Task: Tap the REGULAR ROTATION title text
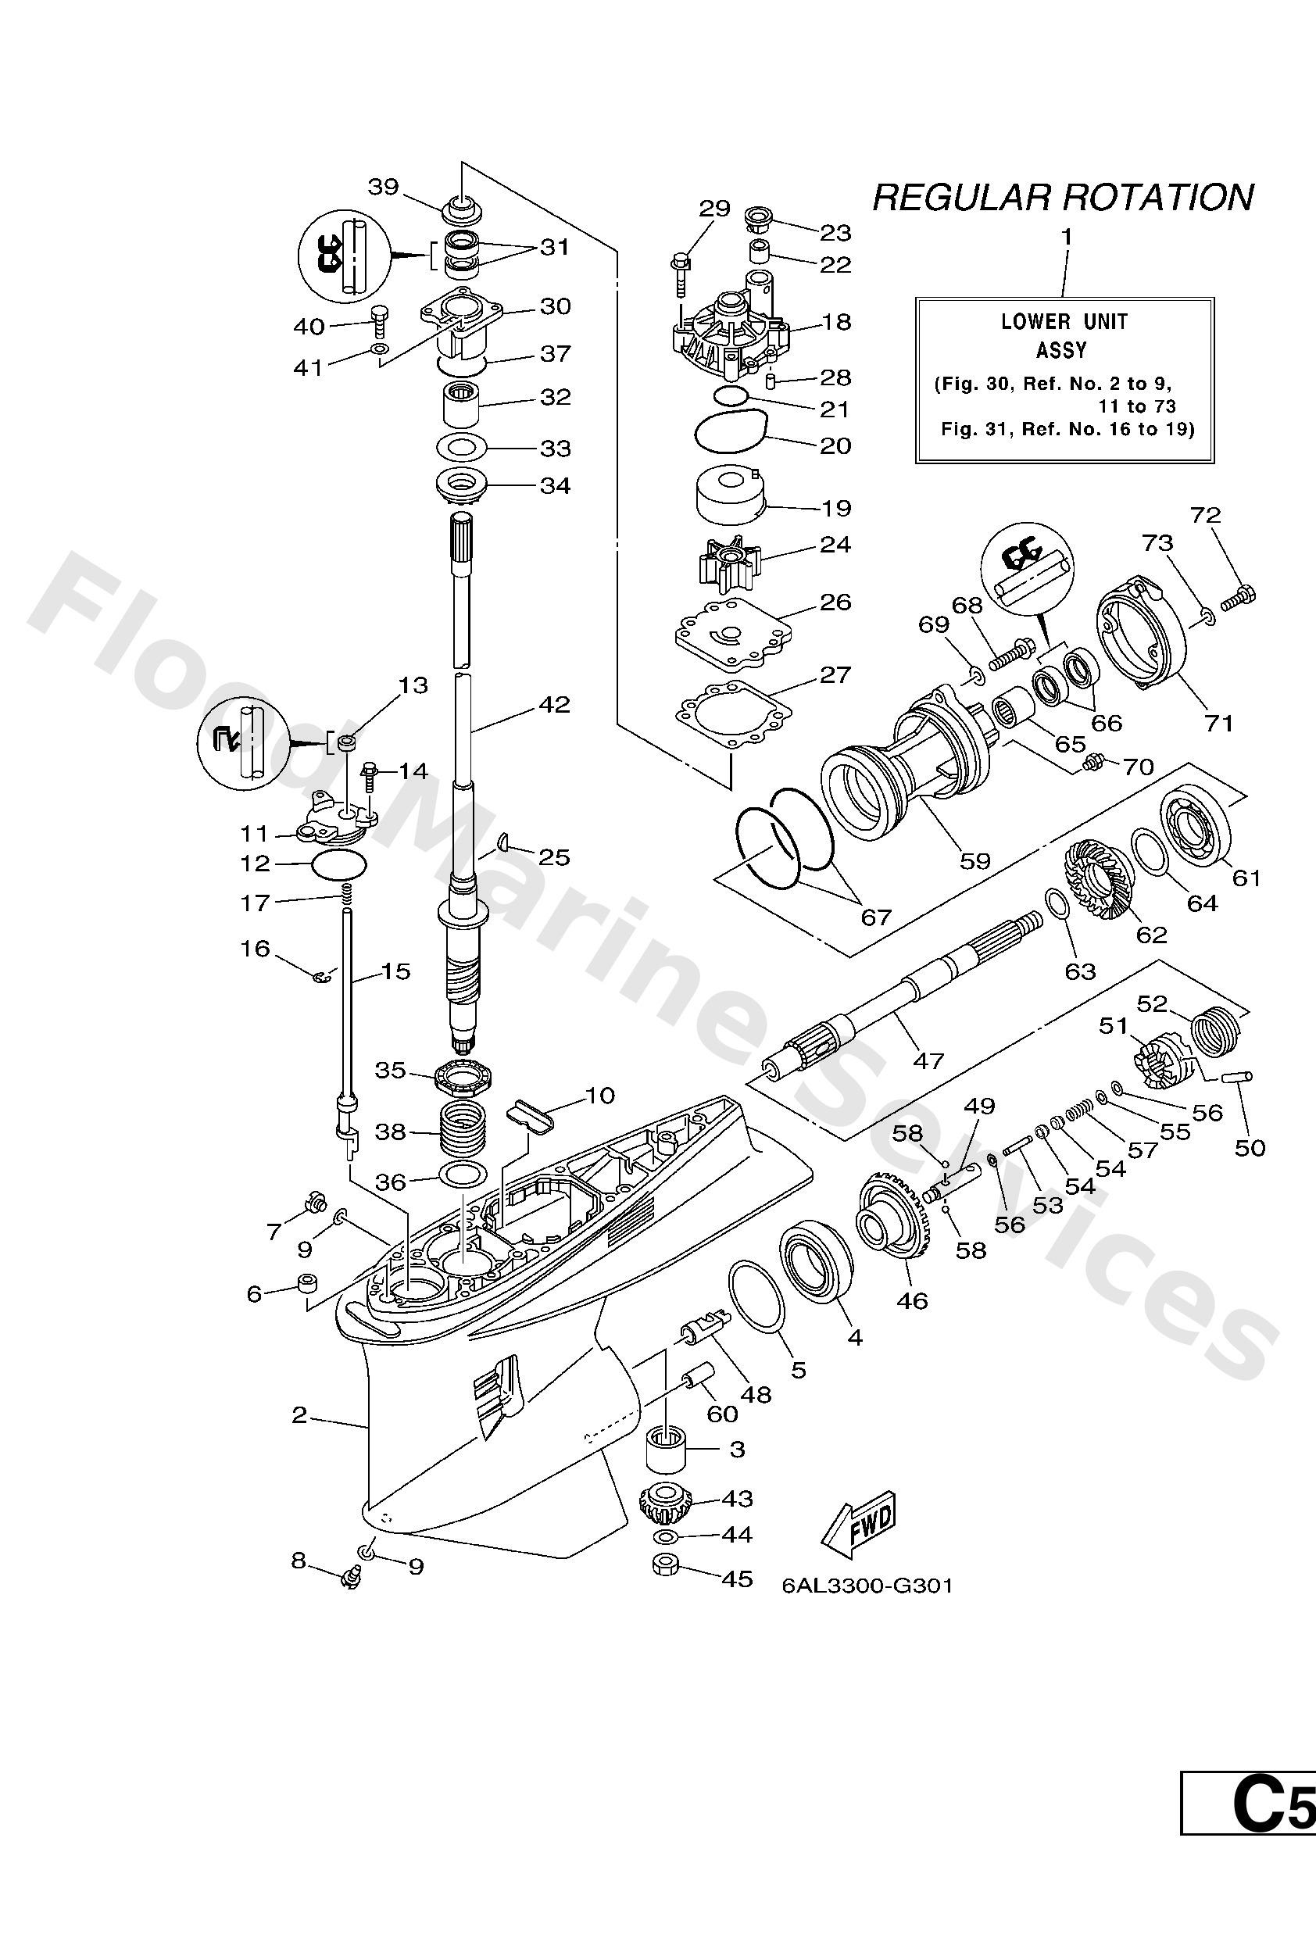click(x=1063, y=198)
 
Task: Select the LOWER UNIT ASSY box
click(x=1064, y=380)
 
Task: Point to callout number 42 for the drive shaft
click(x=554, y=705)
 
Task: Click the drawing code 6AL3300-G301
click(x=867, y=1586)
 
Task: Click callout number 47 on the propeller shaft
click(x=928, y=1060)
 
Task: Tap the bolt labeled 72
click(x=1242, y=596)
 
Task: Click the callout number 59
click(x=974, y=860)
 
